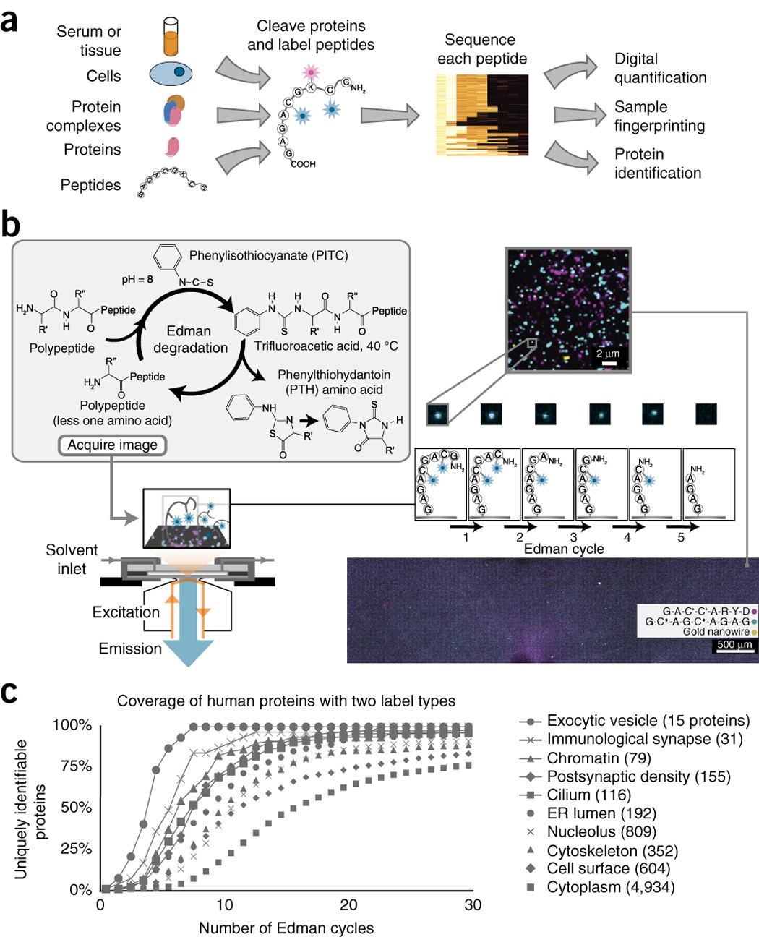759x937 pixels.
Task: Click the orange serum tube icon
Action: click(171, 38)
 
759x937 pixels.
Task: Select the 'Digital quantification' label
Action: click(659, 68)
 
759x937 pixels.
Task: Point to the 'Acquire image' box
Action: click(112, 445)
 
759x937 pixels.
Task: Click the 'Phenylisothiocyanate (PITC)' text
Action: click(268, 255)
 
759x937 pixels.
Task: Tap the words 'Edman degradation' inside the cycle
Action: click(190, 339)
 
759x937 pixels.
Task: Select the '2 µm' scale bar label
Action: click(608, 354)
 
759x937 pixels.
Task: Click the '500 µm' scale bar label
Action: click(734, 644)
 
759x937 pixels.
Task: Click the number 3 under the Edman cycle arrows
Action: click(573, 536)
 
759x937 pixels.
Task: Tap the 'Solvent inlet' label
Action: click(72, 559)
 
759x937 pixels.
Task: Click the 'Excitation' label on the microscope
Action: click(126, 612)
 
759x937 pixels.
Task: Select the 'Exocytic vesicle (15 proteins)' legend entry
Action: click(648, 721)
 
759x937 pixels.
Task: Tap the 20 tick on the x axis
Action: click(348, 904)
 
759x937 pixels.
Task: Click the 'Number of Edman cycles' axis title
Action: click(286, 928)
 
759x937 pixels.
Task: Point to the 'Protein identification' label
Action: click(657, 163)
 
